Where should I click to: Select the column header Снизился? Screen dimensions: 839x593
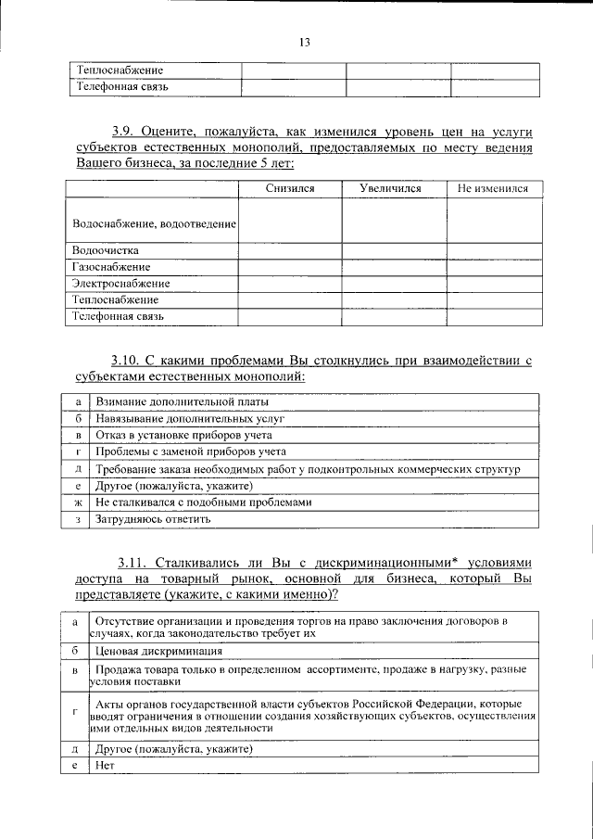click(289, 188)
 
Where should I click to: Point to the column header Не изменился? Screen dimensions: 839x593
click(493, 188)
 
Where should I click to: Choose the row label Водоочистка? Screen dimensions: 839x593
click(105, 250)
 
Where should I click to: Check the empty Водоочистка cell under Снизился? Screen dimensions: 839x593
click(291, 250)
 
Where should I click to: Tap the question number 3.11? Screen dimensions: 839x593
click(132, 562)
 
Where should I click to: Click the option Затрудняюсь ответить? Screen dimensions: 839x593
click(153, 519)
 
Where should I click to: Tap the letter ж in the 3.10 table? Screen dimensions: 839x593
click(79, 502)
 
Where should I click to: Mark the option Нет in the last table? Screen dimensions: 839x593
click(105, 766)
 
